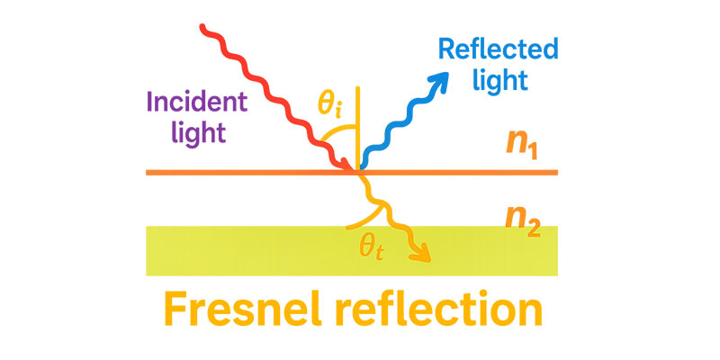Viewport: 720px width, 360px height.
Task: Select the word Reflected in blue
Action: pyautogui.click(x=498, y=49)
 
